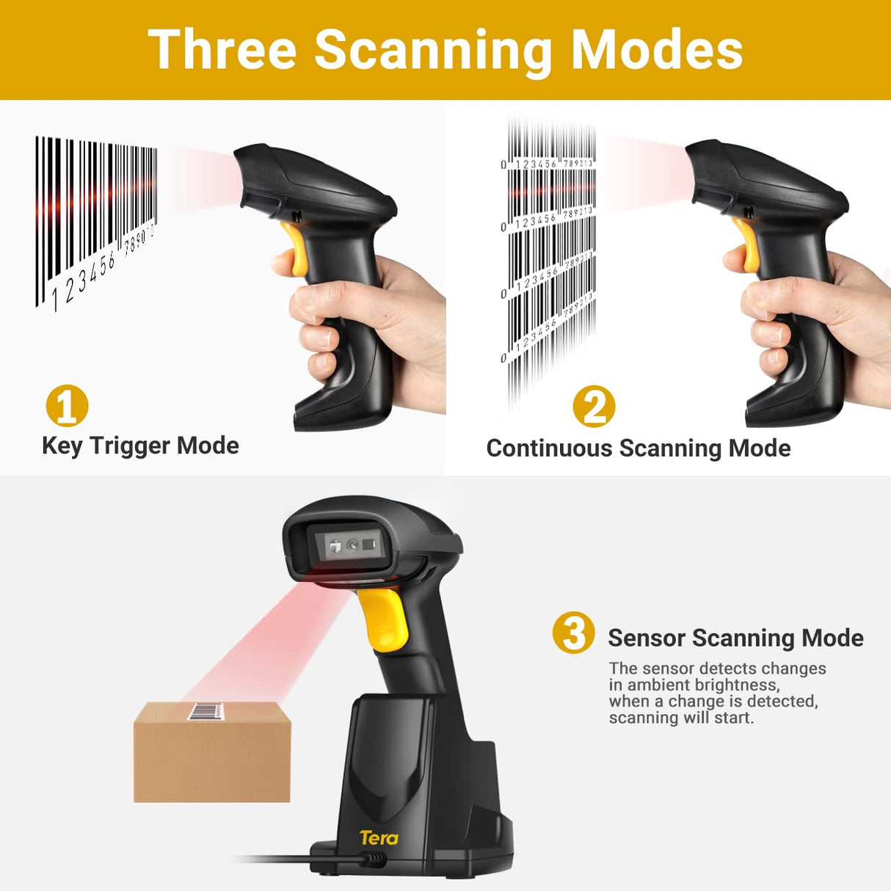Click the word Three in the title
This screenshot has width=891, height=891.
coord(222,50)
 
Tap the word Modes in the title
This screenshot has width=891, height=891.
coord(656,50)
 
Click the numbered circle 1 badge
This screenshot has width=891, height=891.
coord(67,406)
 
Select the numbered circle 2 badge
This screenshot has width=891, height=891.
coord(594,406)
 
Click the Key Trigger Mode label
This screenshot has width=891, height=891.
coord(140,445)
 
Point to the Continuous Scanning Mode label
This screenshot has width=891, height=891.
coord(638,448)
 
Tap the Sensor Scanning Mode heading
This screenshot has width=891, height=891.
coord(735,638)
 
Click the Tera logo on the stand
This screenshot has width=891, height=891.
coord(379,837)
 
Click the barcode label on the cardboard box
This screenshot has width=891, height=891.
coord(206,710)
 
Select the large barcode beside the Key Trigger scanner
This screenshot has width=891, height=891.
coord(95,220)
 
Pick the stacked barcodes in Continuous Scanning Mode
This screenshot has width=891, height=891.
coord(550,257)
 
